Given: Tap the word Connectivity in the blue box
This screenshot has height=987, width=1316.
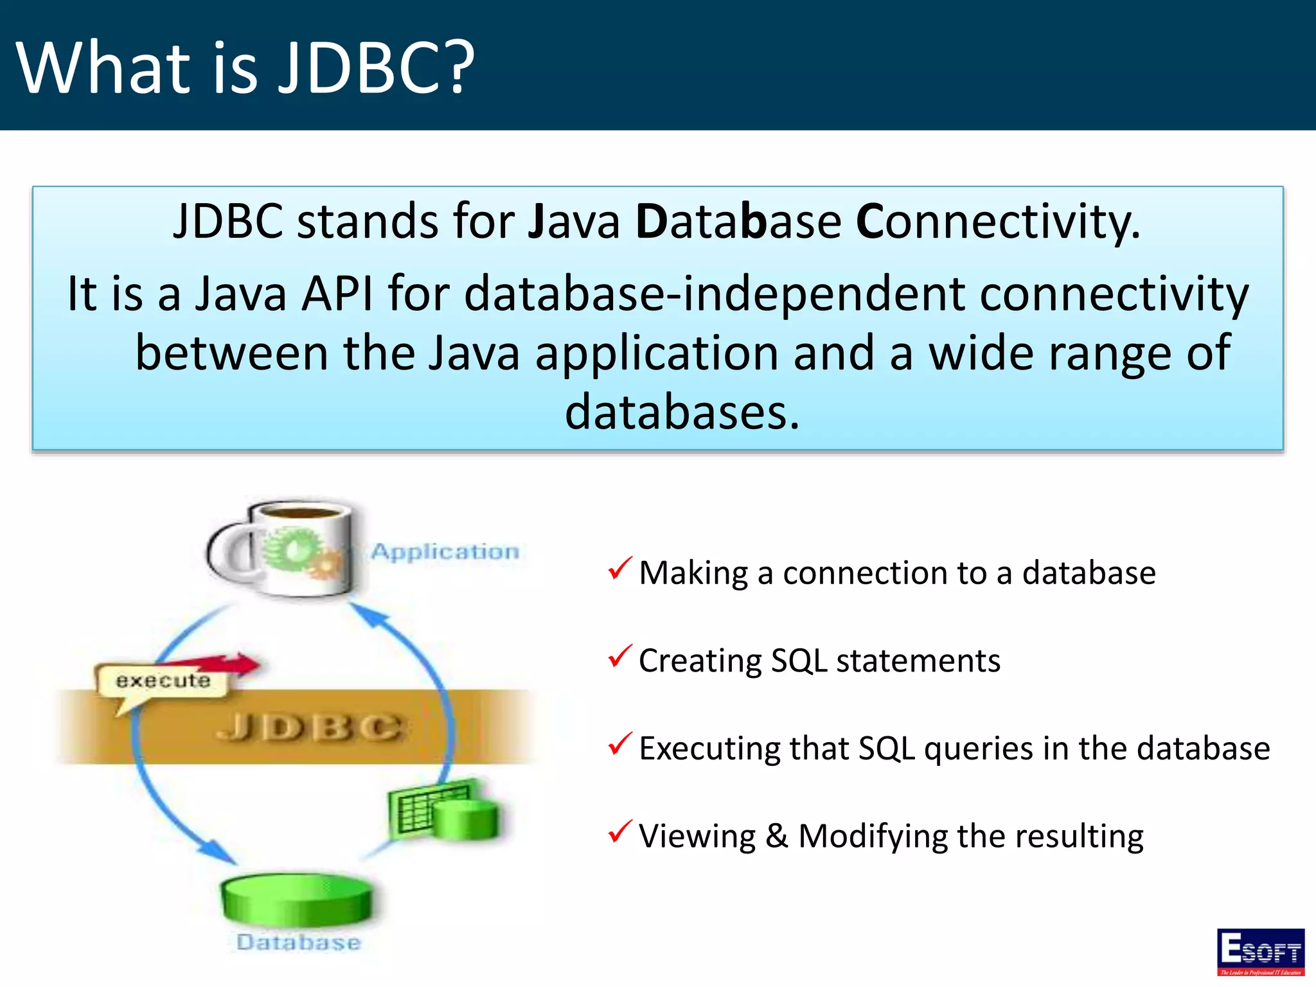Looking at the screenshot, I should [x=998, y=221].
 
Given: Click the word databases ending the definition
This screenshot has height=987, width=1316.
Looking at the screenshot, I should [x=682, y=412].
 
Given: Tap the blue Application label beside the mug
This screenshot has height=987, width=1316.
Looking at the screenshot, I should [x=445, y=551].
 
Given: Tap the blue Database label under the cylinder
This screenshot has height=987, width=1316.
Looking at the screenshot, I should [x=298, y=942].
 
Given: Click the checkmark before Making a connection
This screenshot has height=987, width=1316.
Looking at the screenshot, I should [x=619, y=569].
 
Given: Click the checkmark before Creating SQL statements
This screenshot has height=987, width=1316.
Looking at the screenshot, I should [x=619, y=656].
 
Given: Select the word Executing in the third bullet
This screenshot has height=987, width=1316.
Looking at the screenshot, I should [x=709, y=749].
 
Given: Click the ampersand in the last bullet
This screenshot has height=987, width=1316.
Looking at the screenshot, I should [x=776, y=836].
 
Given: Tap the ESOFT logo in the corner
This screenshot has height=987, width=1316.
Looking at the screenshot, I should [x=1260, y=952].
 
